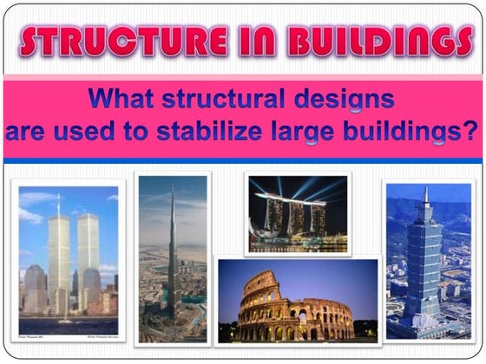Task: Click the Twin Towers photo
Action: pyautogui.click(x=69, y=261)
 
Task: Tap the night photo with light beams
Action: pyautogui.click(x=298, y=214)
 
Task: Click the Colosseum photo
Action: pyautogui.click(x=298, y=300)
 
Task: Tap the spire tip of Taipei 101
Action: pyautogui.click(x=426, y=190)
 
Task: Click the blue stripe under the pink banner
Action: pyautogui.click(x=243, y=161)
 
